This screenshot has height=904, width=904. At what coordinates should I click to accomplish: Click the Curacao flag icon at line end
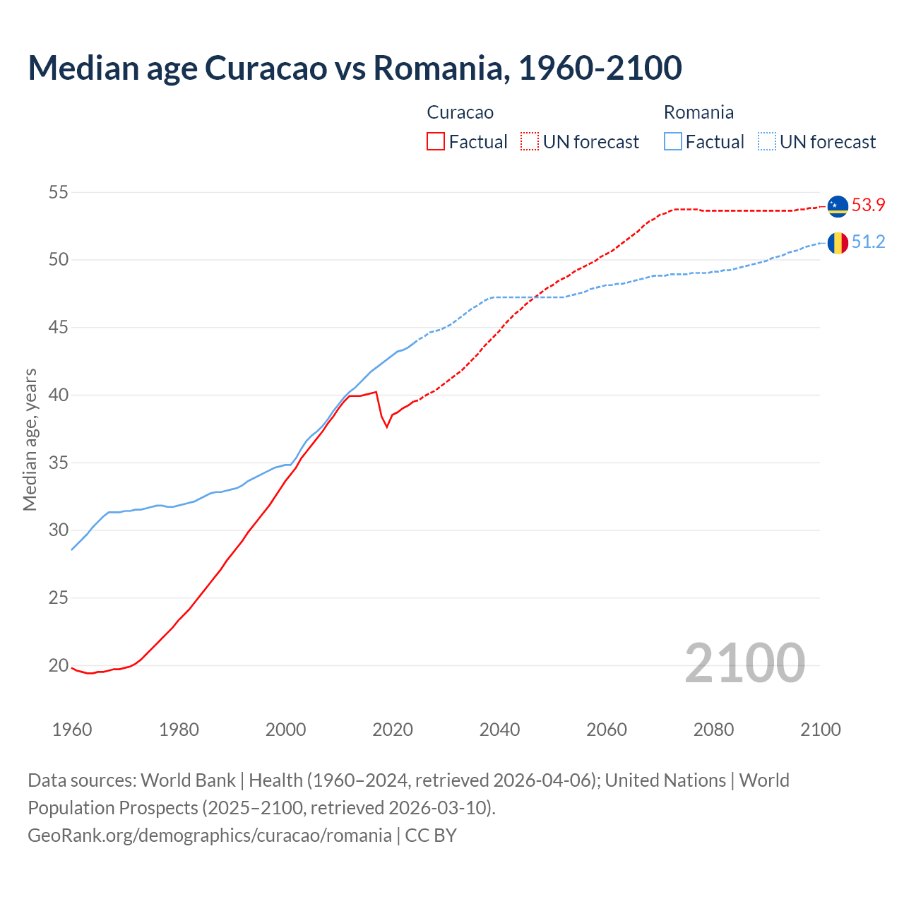(838, 206)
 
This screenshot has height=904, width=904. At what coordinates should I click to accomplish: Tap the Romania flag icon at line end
(838, 243)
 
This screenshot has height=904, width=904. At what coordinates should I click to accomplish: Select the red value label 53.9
(868, 206)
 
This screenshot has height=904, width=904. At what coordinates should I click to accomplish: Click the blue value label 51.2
(868, 242)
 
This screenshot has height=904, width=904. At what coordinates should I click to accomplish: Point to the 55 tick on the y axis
(59, 192)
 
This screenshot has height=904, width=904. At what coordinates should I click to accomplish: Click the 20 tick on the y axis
(59, 665)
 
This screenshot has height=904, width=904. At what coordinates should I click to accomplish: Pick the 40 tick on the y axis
(59, 395)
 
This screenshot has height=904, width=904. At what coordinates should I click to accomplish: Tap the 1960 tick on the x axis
(72, 730)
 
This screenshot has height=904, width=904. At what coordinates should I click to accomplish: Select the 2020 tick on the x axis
(393, 730)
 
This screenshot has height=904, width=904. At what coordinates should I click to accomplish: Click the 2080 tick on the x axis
(713, 730)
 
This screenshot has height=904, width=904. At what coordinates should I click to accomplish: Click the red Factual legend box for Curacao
(436, 142)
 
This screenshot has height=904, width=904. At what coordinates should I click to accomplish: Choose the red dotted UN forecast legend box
(530, 142)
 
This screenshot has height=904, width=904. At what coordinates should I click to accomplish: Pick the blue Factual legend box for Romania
(673, 142)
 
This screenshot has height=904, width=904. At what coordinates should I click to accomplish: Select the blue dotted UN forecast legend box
(767, 142)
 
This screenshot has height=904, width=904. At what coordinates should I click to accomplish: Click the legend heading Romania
(698, 112)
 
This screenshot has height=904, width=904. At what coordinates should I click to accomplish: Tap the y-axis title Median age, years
(30, 439)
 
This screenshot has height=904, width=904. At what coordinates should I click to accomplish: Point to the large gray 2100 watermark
(744, 663)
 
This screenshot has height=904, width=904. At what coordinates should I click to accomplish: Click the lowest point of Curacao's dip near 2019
(386, 427)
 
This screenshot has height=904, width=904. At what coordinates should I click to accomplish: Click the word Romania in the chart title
(441, 68)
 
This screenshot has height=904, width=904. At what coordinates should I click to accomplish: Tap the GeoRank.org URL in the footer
(210, 835)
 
